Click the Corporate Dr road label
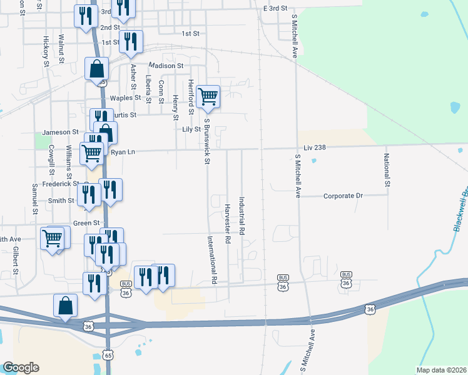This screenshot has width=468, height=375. pyautogui.click(x=343, y=196)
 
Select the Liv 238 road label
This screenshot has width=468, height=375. pyautogui.click(x=316, y=147)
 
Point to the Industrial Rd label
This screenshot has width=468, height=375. pyautogui.click(x=242, y=216)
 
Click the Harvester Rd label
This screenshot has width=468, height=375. pyautogui.click(x=227, y=223)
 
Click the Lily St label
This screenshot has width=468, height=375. pyautogui.click(x=191, y=129)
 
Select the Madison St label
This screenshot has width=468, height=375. pyautogui.click(x=166, y=65)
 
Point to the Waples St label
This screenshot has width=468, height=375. pyautogui.click(x=126, y=98)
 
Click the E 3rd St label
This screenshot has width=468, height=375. pyautogui.click(x=275, y=9)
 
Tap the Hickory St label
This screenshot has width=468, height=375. pyautogui.click(x=46, y=51)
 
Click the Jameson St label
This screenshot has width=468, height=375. pyautogui.click(x=60, y=132)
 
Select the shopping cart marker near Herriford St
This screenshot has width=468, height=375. pyautogui.click(x=208, y=97)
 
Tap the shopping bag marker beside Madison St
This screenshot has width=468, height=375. pyautogui.click(x=97, y=69)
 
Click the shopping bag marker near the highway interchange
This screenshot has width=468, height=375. pyautogui.click(x=66, y=306)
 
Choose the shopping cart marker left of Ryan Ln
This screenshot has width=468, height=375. pyautogui.click(x=92, y=152)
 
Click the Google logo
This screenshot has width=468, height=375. pyautogui.click(x=21, y=367)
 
